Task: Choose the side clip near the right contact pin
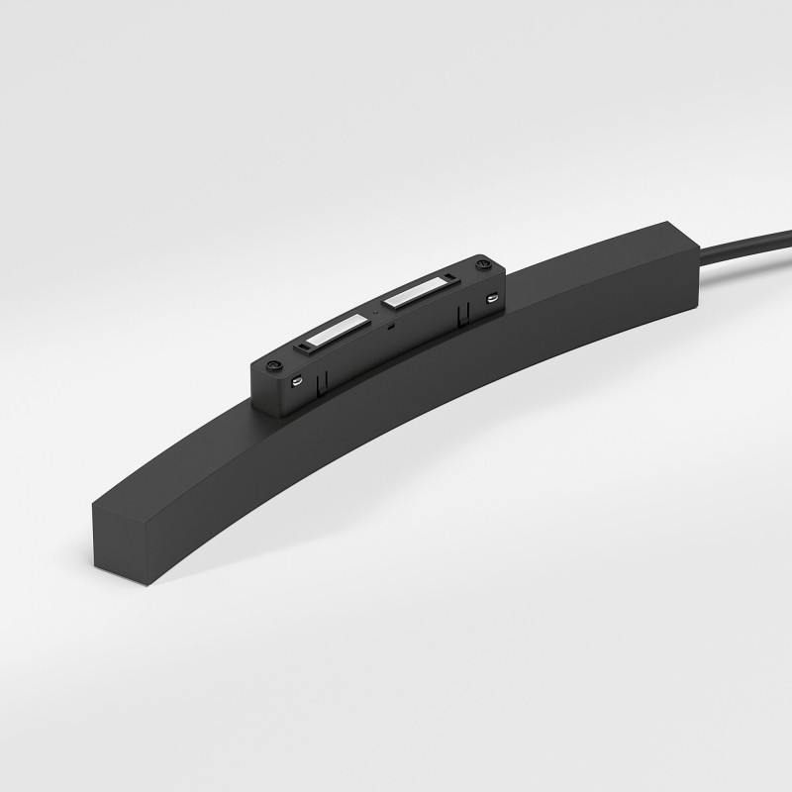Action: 460,314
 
